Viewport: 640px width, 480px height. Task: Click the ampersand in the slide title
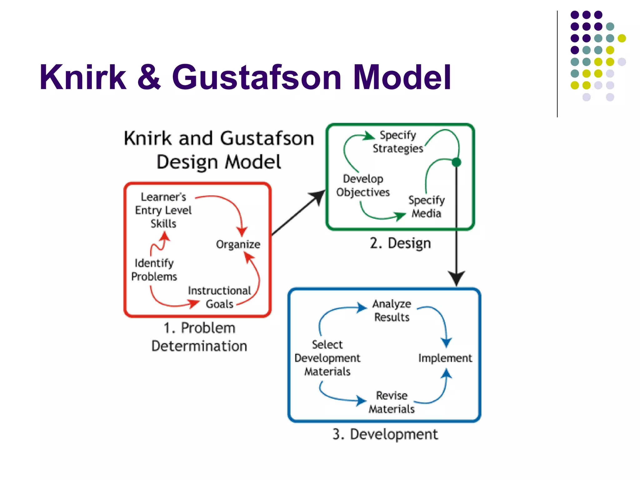[149, 77]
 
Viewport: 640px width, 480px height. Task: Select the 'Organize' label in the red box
[238, 244]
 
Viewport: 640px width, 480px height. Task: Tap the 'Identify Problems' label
[154, 270]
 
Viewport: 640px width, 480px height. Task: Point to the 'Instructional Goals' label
[219, 297]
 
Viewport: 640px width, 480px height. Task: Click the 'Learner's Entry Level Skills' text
[163, 210]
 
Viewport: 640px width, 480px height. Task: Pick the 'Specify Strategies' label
[398, 142]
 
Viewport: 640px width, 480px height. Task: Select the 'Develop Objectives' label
[363, 185]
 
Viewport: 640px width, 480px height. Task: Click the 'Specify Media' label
[426, 207]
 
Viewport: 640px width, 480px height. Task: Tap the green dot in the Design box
[456, 162]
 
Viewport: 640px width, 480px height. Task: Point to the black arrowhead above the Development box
[456, 277]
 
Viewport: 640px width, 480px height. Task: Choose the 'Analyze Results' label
[392, 310]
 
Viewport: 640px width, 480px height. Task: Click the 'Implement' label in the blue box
[445, 358]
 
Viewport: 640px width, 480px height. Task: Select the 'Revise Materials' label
[392, 402]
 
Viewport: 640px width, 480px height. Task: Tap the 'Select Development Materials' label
[327, 358]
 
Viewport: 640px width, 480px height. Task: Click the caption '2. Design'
[400, 243]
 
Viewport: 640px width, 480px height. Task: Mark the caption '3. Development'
[385, 434]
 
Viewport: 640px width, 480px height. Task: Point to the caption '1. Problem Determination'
[199, 337]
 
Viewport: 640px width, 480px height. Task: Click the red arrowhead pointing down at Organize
[242, 232]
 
